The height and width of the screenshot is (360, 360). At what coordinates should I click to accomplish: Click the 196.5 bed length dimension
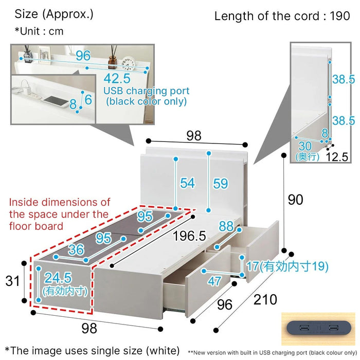tap(189, 236)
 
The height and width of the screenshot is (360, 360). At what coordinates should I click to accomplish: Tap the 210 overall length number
tap(265, 300)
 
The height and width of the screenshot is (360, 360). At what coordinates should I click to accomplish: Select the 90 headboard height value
tap(296, 200)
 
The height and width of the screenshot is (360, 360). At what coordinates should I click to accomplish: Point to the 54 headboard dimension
tap(187, 183)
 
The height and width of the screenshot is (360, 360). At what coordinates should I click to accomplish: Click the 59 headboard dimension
tap(221, 184)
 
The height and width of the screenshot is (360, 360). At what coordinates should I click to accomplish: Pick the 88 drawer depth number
tap(226, 226)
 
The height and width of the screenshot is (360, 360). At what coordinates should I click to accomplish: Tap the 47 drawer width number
tap(214, 281)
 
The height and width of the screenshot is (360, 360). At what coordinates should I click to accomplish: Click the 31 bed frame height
tap(12, 281)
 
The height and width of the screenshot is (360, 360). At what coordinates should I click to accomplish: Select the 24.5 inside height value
tap(58, 278)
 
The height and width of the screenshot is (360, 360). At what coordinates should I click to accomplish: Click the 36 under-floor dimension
tap(76, 249)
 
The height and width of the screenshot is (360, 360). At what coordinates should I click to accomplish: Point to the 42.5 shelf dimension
tap(117, 78)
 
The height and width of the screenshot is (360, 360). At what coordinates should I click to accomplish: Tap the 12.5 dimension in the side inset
tap(337, 157)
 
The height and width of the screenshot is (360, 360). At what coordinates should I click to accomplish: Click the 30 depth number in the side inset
tap(305, 146)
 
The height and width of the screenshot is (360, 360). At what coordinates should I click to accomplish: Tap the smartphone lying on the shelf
tap(56, 101)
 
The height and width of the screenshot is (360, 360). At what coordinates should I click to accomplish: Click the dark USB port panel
tap(319, 328)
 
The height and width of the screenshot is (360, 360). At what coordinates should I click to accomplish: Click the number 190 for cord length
tap(340, 16)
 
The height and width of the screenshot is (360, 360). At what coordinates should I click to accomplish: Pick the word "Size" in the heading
tap(26, 14)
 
